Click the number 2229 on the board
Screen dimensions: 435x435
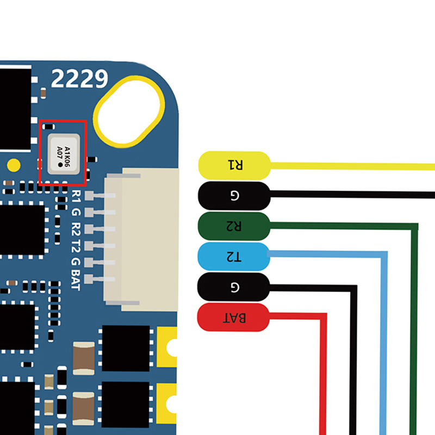coord(79,79)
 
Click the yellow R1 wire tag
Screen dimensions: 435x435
coord(234,165)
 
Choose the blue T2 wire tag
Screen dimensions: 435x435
coord(234,256)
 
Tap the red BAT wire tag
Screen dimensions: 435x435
coord(234,318)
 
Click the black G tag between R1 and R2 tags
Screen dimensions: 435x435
coord(234,195)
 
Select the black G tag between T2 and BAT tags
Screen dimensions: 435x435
coord(234,287)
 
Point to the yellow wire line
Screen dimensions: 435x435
coord(353,165)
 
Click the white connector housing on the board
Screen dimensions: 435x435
coord(150,239)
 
